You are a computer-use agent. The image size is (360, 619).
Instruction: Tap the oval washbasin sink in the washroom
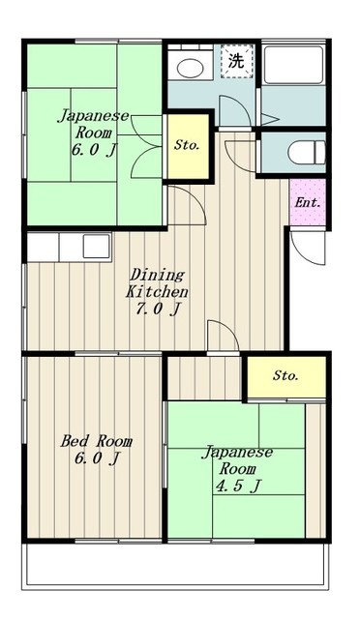click(190, 67)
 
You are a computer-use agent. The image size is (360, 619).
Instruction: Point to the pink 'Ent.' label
click(309, 203)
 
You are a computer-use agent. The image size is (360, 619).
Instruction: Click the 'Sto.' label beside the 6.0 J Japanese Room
click(187, 145)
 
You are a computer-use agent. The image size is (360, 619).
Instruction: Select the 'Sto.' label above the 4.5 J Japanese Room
click(285, 375)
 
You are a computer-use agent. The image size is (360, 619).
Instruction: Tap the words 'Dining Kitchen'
click(158, 281)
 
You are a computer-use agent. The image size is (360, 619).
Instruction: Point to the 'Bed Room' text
click(96, 441)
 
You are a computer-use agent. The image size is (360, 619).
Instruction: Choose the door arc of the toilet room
click(241, 155)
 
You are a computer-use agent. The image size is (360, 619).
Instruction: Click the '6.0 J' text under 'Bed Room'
click(97, 459)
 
